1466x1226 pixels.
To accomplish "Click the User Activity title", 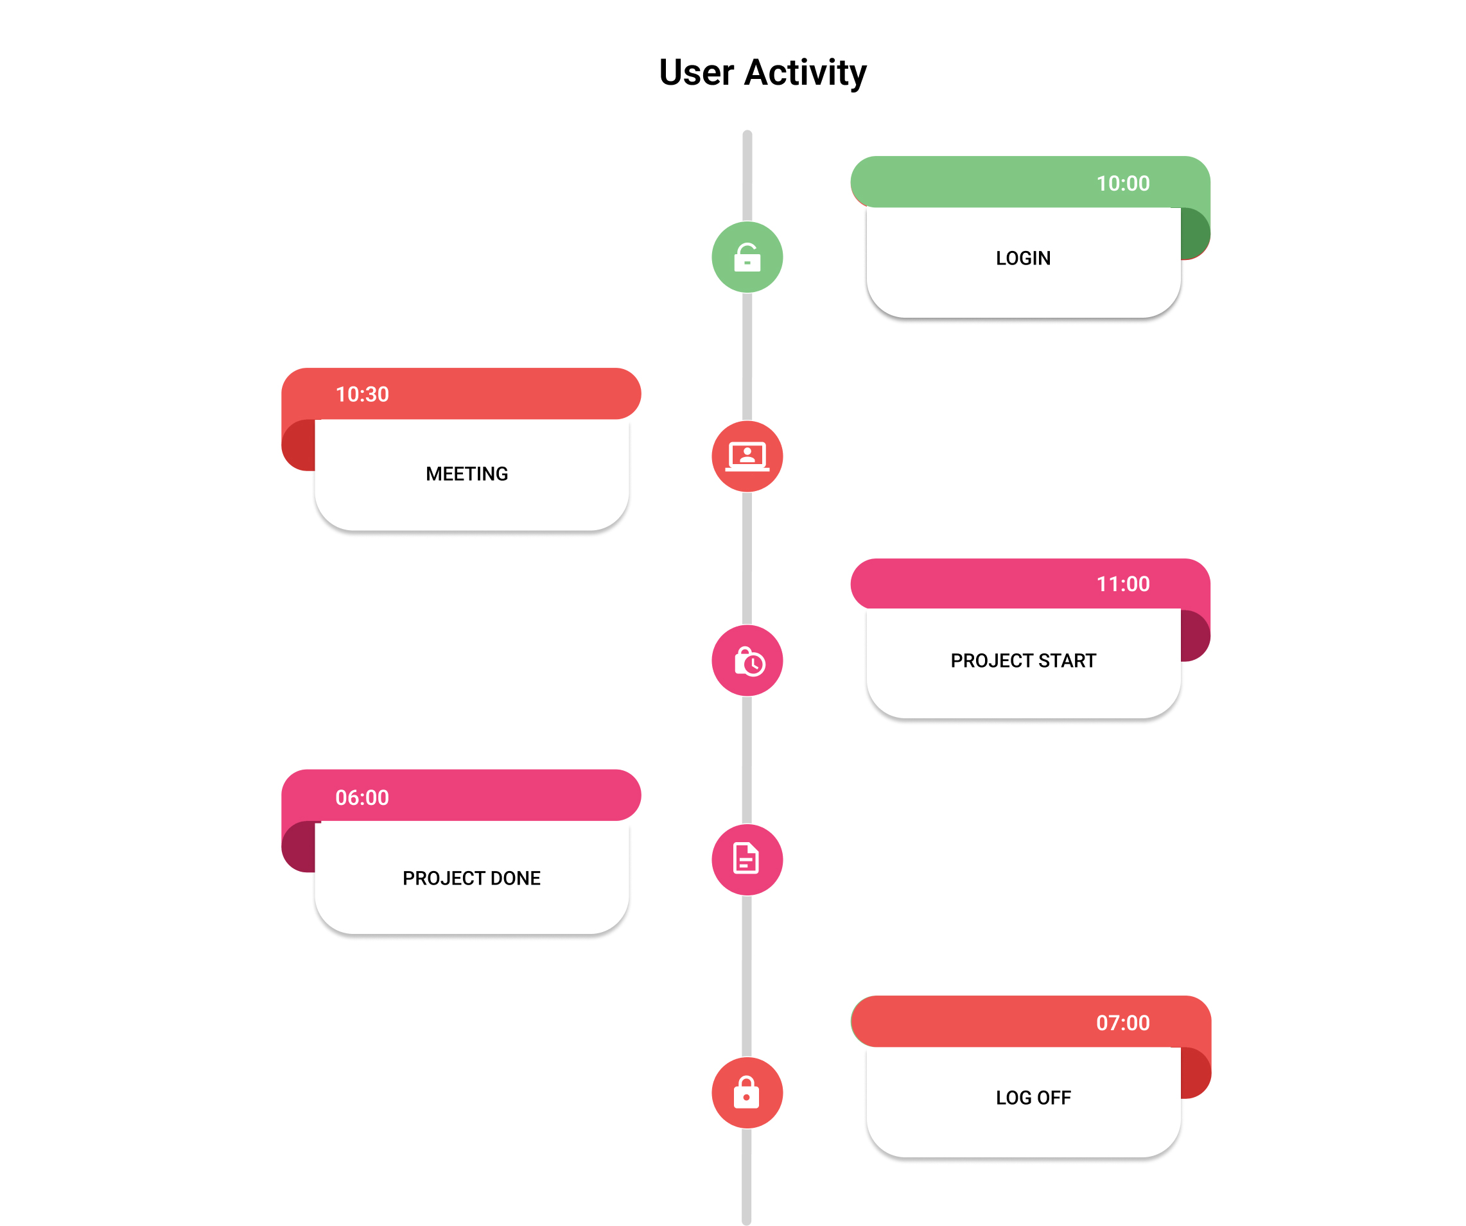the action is point(762,73).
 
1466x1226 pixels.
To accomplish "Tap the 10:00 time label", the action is point(1122,184).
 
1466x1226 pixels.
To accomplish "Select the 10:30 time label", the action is point(362,394).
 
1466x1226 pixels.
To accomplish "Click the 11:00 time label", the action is point(1122,584).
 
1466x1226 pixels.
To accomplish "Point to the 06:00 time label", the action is point(362,798).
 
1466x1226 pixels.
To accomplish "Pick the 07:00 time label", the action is point(1122,1023).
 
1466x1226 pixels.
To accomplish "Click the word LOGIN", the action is point(1023,258).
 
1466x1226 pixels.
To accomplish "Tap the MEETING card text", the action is point(467,474).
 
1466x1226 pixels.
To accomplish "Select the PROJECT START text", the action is point(1024,660).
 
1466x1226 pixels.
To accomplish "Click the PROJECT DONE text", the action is point(471,878).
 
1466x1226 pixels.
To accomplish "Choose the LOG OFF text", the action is point(1033,1098).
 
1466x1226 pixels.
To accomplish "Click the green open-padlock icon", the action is point(747,257).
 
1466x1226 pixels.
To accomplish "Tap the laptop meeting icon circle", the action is point(747,456).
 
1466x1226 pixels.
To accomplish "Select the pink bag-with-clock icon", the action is point(747,660).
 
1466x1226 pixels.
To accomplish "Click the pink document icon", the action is point(747,859).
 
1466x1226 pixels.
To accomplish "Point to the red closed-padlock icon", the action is point(747,1092).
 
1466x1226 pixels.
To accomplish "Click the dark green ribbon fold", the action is point(1194,234).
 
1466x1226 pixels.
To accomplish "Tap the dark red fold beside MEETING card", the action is point(299,445).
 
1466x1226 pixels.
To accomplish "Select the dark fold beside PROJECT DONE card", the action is point(299,847).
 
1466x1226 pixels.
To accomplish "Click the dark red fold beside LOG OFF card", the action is point(1195,1073).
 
